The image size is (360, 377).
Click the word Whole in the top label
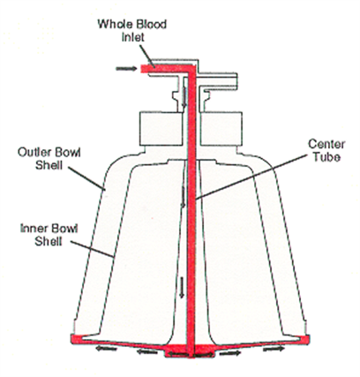(x=115, y=25)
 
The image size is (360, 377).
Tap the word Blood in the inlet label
(x=151, y=25)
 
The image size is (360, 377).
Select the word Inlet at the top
(x=133, y=38)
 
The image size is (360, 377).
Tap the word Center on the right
(x=326, y=144)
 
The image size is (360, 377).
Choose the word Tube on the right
(x=326, y=157)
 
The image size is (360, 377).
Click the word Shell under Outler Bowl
(x=49, y=165)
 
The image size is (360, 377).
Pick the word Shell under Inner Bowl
(x=49, y=241)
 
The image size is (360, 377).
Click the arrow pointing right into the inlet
(x=126, y=69)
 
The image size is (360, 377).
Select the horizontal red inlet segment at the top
(x=165, y=69)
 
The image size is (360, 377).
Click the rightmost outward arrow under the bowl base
(x=274, y=349)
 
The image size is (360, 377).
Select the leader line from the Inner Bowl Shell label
(x=92, y=249)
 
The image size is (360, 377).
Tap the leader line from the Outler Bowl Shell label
(x=86, y=178)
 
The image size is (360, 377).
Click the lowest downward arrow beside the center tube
(x=182, y=287)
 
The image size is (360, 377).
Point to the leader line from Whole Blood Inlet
(x=146, y=55)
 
